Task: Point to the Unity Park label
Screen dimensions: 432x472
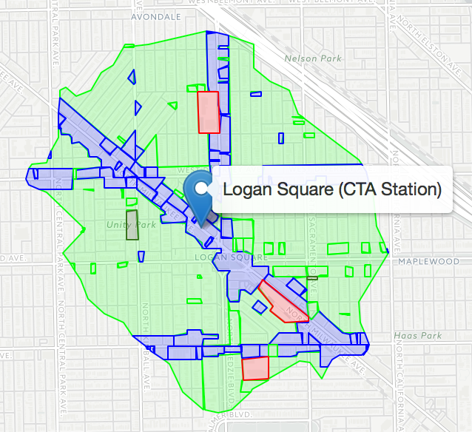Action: click(132, 224)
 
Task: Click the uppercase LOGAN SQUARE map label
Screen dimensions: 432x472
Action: click(229, 257)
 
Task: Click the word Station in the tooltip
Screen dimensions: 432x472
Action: click(415, 190)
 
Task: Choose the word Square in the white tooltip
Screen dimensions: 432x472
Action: click(302, 190)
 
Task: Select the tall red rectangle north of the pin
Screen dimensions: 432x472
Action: click(209, 112)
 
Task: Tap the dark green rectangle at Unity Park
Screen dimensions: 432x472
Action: click(132, 225)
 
